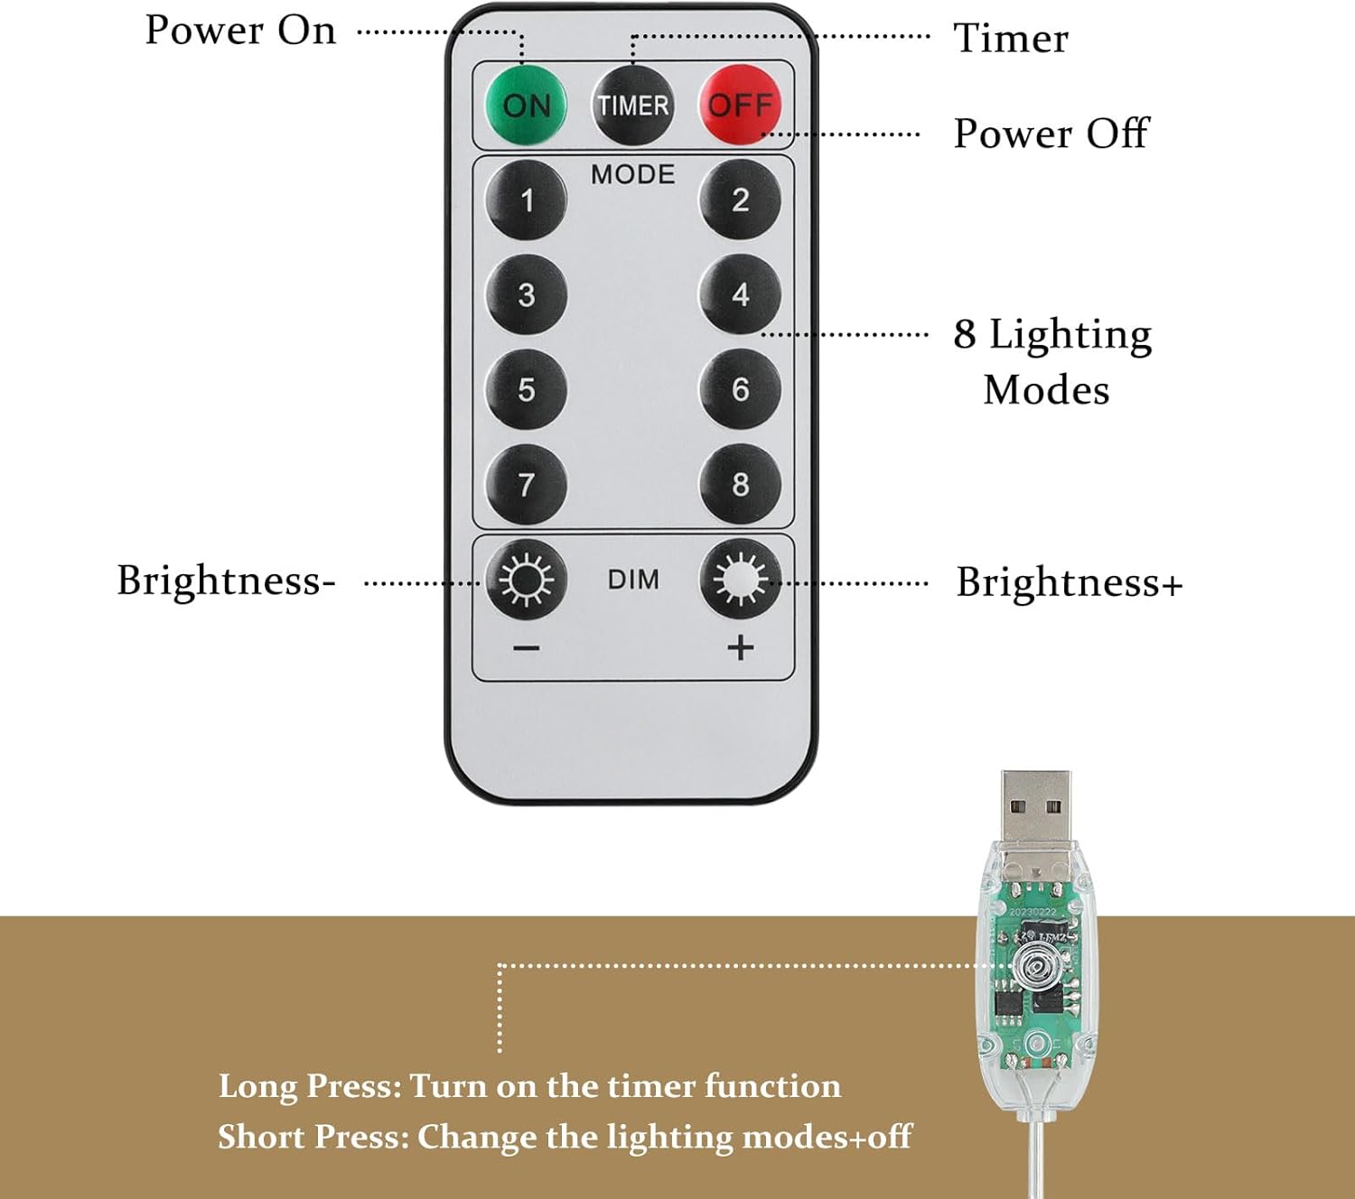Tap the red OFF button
[740, 105]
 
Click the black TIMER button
[632, 106]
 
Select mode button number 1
[527, 200]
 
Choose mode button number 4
[740, 294]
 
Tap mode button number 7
[527, 485]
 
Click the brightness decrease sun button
[527, 580]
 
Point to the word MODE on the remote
[632, 174]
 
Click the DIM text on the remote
[632, 580]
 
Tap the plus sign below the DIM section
[740, 647]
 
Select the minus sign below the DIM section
[527, 648]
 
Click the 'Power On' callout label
[240, 31]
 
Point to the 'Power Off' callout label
[1051, 134]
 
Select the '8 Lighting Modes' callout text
[1051, 361]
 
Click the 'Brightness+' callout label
[1069, 582]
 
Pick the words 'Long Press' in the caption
[309, 1086]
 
